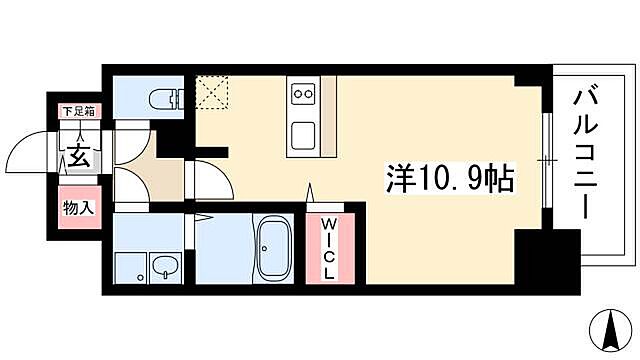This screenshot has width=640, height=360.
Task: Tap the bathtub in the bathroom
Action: coord(272,250)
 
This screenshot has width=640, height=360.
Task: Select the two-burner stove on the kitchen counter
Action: coord(302,94)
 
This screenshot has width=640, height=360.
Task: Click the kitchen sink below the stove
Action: coord(302,132)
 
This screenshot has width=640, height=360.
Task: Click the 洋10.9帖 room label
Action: coord(450,179)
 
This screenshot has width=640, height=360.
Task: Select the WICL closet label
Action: coord(328,251)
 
